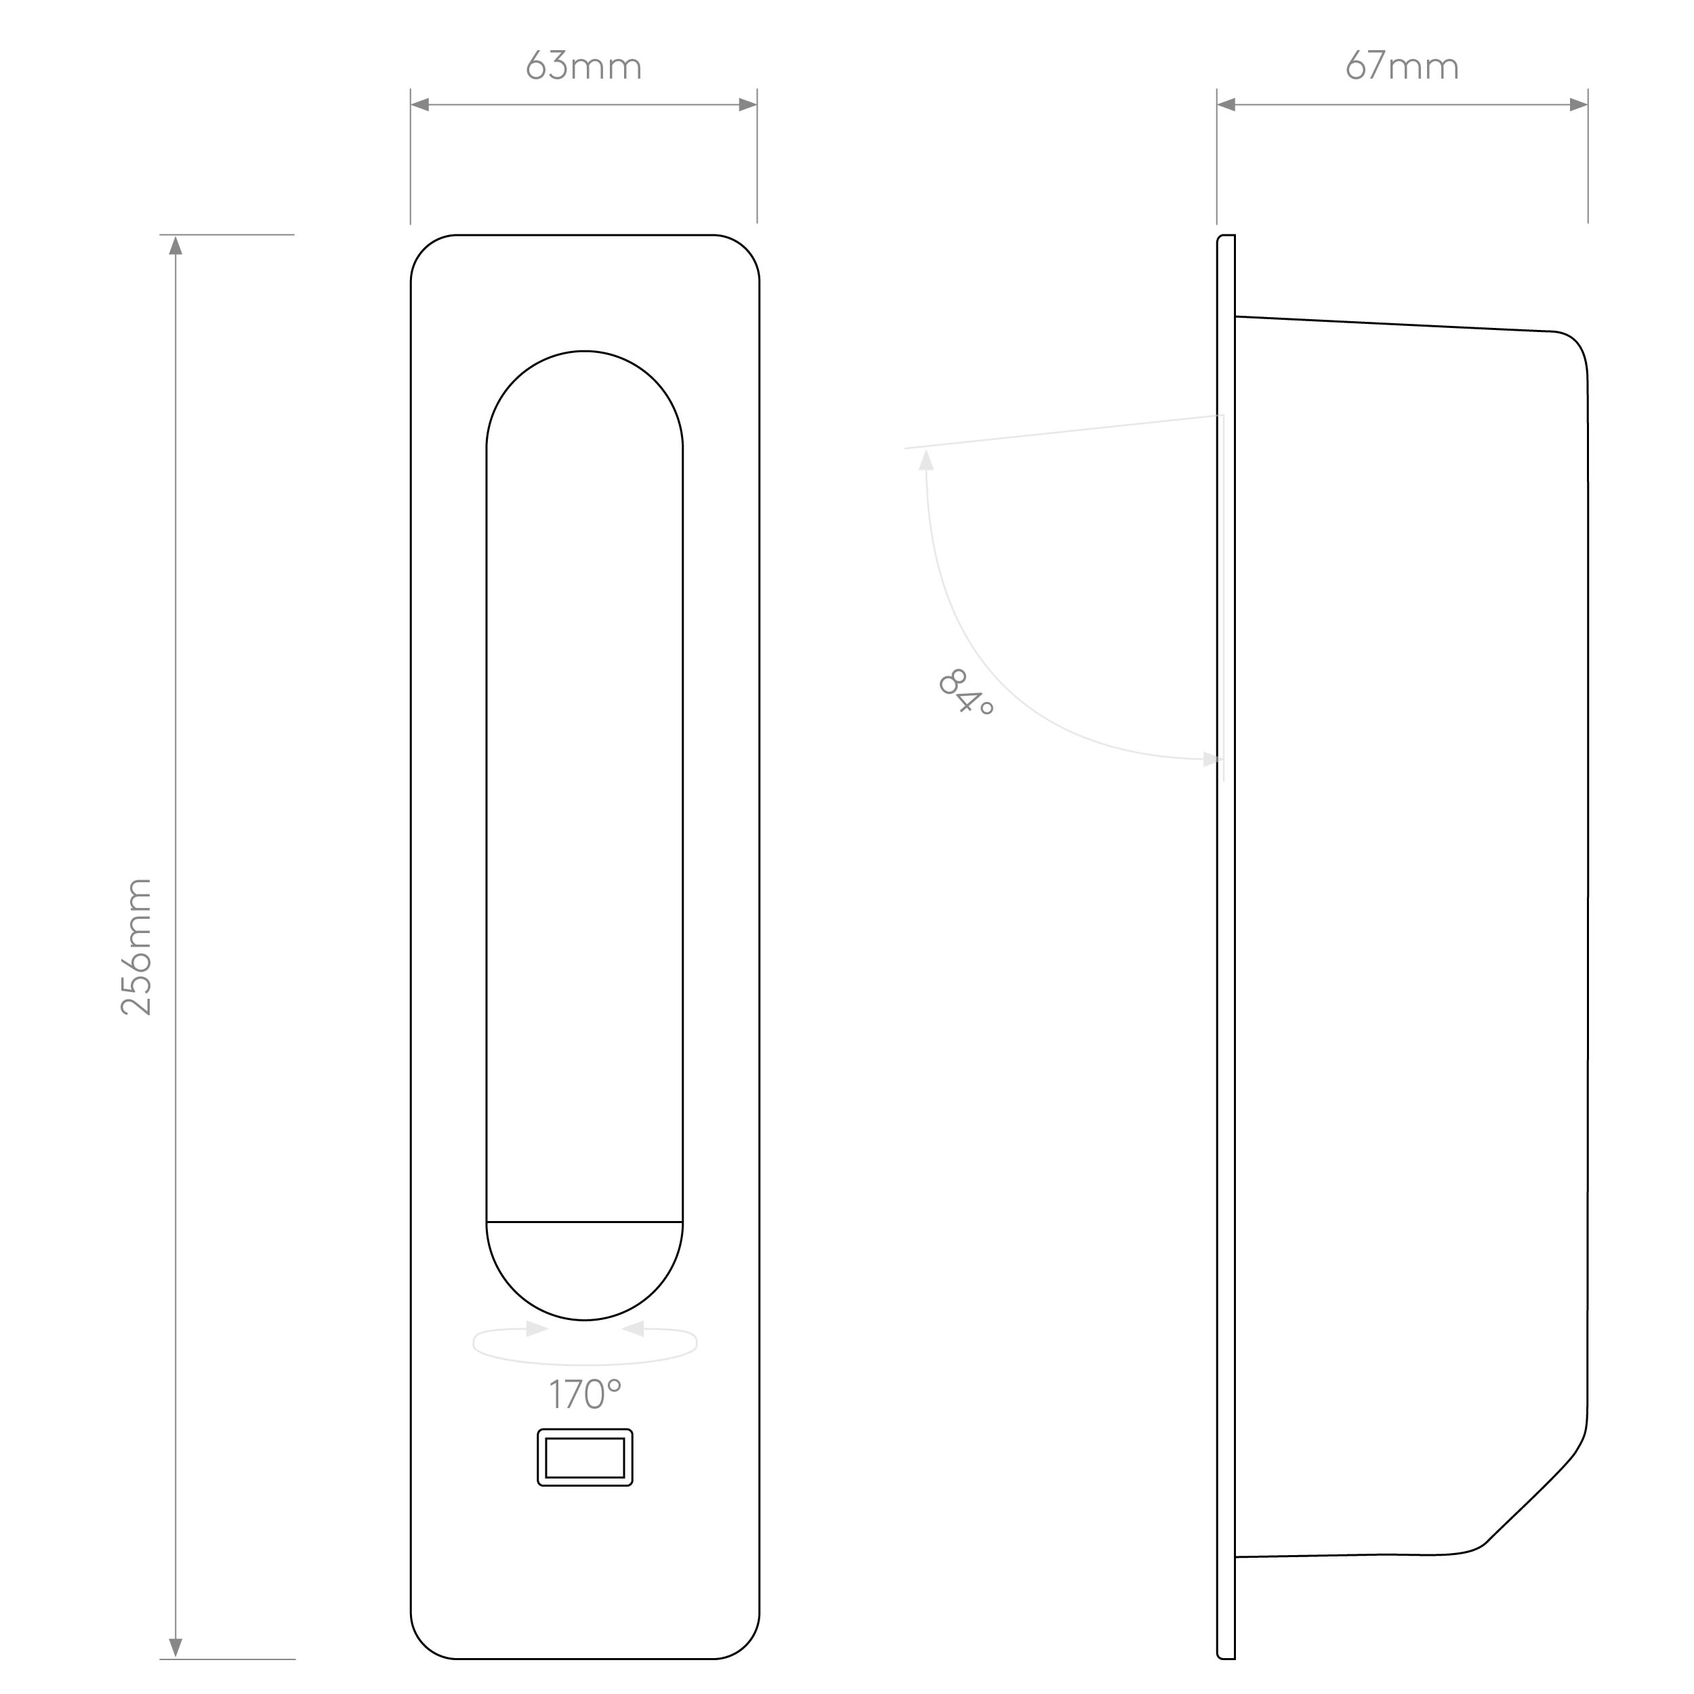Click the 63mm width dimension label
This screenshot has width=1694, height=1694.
(x=584, y=66)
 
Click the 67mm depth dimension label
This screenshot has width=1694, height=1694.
(x=1402, y=66)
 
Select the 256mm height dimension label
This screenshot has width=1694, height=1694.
(x=137, y=947)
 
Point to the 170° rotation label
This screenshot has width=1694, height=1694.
(x=585, y=1394)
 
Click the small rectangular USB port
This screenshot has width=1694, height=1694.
(x=585, y=1458)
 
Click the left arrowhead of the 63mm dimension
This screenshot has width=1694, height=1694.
(x=420, y=105)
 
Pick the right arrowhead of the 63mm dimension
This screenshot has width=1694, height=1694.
(x=748, y=105)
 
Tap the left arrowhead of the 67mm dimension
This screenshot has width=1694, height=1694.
(x=1226, y=105)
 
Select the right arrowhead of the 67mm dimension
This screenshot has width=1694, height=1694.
(x=1578, y=105)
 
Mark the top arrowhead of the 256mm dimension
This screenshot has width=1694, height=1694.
(x=175, y=245)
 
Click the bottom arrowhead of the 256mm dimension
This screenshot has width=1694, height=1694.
(x=175, y=1649)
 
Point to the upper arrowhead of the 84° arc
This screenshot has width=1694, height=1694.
(x=926, y=459)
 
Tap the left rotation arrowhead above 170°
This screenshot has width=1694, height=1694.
(x=537, y=1329)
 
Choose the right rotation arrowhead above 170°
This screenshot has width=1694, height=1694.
(x=633, y=1329)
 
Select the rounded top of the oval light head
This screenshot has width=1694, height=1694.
(x=585, y=399)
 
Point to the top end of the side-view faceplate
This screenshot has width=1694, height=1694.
(x=1226, y=235)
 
